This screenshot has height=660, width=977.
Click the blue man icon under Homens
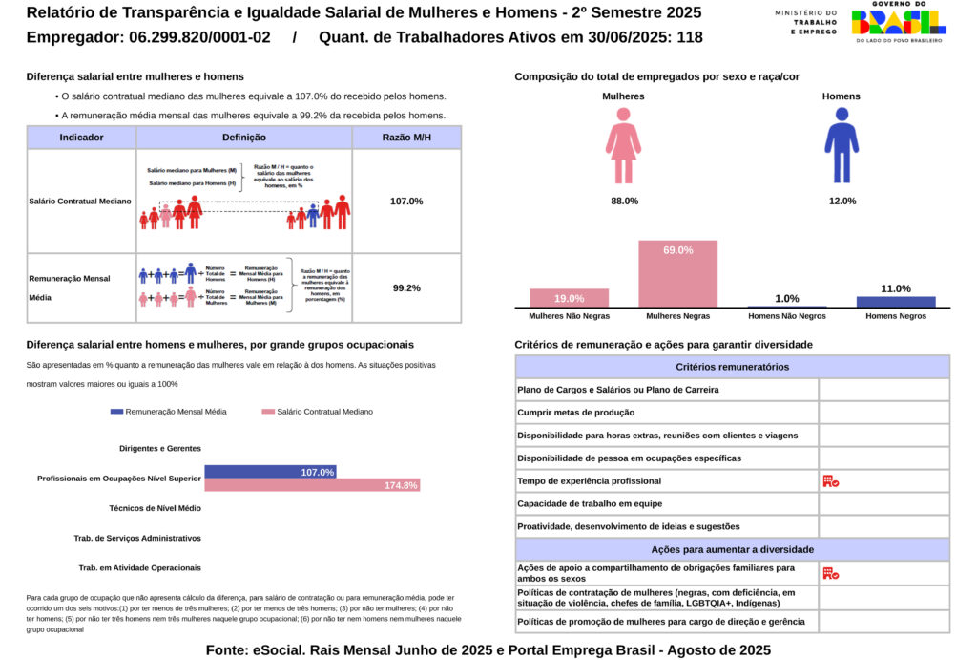pyautogui.click(x=841, y=145)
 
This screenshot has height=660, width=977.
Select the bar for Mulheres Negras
pyautogui.click(x=677, y=274)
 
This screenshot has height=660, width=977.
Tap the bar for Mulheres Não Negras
pyautogui.click(x=569, y=298)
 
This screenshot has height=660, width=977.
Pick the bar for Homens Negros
pyautogui.click(x=895, y=302)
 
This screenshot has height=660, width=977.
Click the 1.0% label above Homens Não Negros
pyautogui.click(x=787, y=298)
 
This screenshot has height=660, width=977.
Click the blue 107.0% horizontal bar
pyautogui.click(x=270, y=472)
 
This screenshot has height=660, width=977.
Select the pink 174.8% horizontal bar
pyautogui.click(x=312, y=485)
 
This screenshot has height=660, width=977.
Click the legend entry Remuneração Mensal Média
pyautogui.click(x=169, y=412)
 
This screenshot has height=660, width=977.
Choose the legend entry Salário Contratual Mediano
pyautogui.click(x=317, y=412)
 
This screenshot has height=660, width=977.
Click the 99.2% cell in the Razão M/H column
pyautogui.click(x=406, y=287)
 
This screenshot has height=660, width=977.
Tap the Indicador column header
pyautogui.click(x=81, y=138)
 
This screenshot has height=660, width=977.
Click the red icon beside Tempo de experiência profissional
pyautogui.click(x=830, y=481)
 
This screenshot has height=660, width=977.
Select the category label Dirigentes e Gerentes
pyautogui.click(x=160, y=448)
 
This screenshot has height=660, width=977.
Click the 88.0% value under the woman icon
pyautogui.click(x=624, y=201)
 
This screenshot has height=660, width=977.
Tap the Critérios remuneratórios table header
pyautogui.click(x=732, y=367)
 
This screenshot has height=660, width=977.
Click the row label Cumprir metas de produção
pyautogui.click(x=575, y=413)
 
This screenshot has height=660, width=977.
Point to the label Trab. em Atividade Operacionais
pyautogui.click(x=139, y=567)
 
